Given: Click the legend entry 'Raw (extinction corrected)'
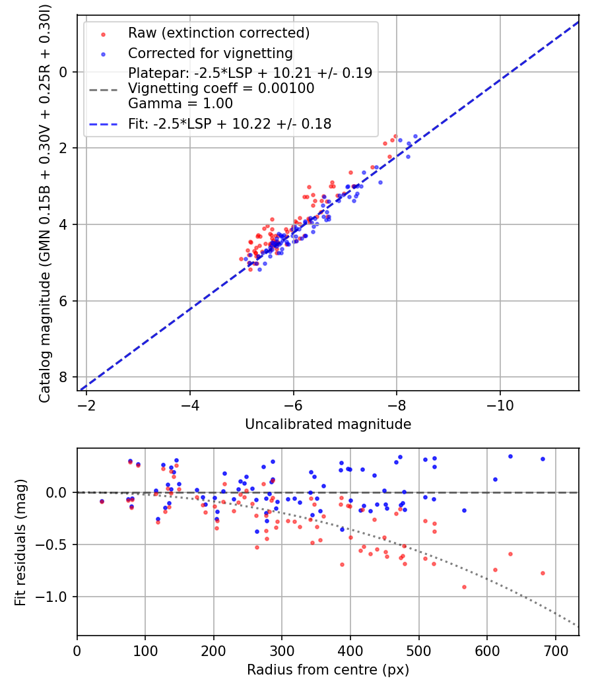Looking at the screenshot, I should click(x=218, y=33).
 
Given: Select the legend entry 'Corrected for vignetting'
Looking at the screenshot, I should click(x=210, y=53).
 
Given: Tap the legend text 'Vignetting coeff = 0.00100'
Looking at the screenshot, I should click(x=221, y=88).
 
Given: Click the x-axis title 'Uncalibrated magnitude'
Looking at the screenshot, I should click(x=328, y=424).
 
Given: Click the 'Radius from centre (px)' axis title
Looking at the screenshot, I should click(x=328, y=670).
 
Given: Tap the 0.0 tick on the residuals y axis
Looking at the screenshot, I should click(x=61, y=492).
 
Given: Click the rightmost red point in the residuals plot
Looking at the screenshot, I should click(x=543, y=573).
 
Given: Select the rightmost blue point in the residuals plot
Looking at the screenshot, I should click(x=543, y=459).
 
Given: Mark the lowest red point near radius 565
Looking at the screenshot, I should click(x=464, y=587).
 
